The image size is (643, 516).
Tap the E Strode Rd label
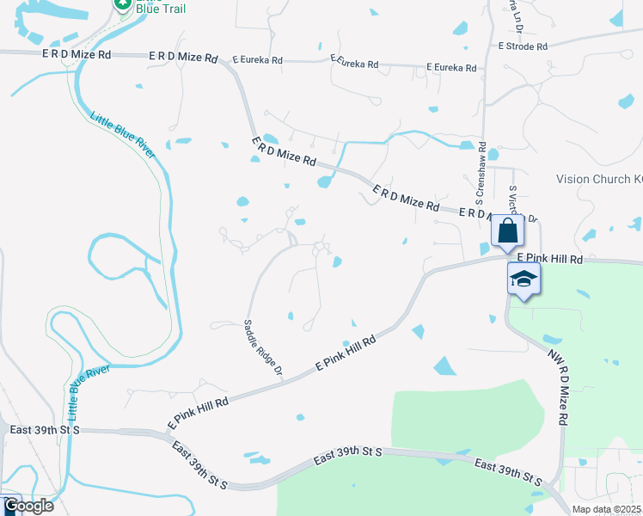(522, 46)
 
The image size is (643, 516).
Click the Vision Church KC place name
(598, 180)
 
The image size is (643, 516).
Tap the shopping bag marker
(508, 230)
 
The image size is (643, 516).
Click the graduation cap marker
(524, 279)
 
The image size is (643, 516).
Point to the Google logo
(28, 506)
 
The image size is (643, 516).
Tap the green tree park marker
(122, 5)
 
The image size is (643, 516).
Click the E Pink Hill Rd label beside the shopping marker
(550, 258)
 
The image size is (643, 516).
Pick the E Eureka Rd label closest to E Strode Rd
(452, 67)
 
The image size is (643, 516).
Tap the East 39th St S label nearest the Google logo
(43, 428)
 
